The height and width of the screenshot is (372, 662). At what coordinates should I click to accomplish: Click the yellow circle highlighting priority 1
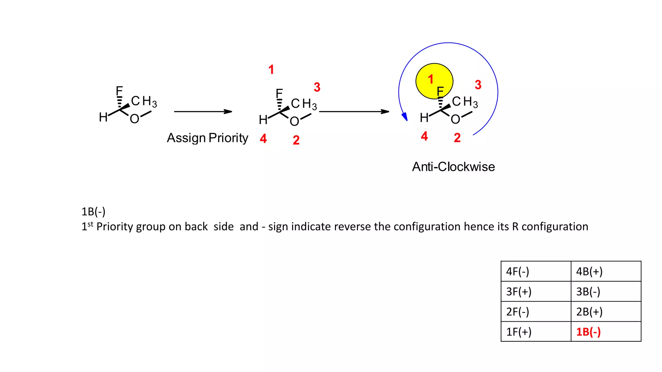434,81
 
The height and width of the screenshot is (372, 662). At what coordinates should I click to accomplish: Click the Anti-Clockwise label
453,167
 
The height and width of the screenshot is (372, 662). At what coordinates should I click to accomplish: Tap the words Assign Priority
207,138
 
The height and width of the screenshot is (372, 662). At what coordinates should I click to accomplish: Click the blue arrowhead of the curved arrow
404,117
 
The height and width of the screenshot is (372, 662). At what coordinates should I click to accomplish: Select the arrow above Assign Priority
203,112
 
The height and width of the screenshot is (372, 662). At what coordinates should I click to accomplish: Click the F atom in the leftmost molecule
119,91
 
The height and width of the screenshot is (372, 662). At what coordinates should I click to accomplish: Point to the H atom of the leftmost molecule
103,117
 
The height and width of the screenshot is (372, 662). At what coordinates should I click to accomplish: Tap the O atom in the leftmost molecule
134,119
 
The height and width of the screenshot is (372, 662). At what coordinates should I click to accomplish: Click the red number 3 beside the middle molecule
317,87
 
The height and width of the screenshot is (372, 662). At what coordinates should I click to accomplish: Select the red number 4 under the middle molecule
263,139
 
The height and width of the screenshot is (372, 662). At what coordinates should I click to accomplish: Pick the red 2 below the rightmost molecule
457,138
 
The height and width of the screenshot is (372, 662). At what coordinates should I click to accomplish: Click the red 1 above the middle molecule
271,69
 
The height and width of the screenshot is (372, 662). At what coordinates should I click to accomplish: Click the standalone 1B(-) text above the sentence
93,212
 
